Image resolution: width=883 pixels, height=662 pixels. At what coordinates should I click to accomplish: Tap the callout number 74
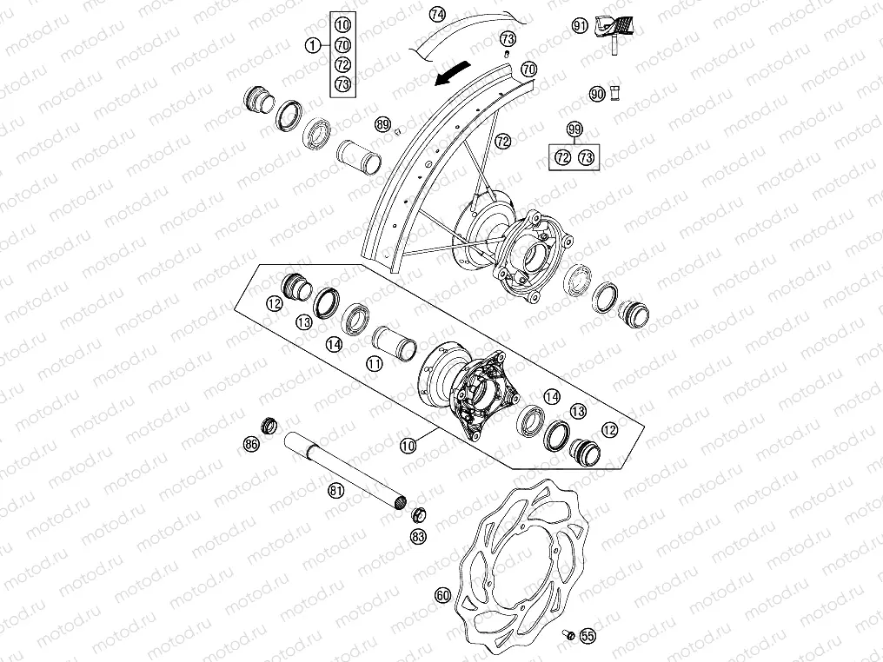click(437, 15)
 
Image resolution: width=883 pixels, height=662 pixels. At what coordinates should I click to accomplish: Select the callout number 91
click(581, 26)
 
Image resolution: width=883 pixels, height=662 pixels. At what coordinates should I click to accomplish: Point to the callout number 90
click(596, 94)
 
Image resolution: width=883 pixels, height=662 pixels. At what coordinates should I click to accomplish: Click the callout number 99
click(574, 129)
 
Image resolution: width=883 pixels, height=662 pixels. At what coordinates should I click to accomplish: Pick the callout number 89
click(382, 124)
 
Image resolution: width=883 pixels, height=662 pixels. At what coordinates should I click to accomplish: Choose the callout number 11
click(375, 364)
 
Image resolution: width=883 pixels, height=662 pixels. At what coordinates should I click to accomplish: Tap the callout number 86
click(251, 444)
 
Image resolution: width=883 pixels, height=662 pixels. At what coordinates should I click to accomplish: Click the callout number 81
click(335, 491)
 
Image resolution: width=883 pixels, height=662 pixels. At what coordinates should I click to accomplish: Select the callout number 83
click(419, 537)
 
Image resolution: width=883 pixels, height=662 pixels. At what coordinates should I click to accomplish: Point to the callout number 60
click(443, 595)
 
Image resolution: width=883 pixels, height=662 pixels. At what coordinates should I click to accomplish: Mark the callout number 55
click(588, 637)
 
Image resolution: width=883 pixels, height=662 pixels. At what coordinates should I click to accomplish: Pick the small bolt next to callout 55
click(568, 636)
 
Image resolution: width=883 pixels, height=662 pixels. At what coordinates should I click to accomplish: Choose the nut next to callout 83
click(417, 513)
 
